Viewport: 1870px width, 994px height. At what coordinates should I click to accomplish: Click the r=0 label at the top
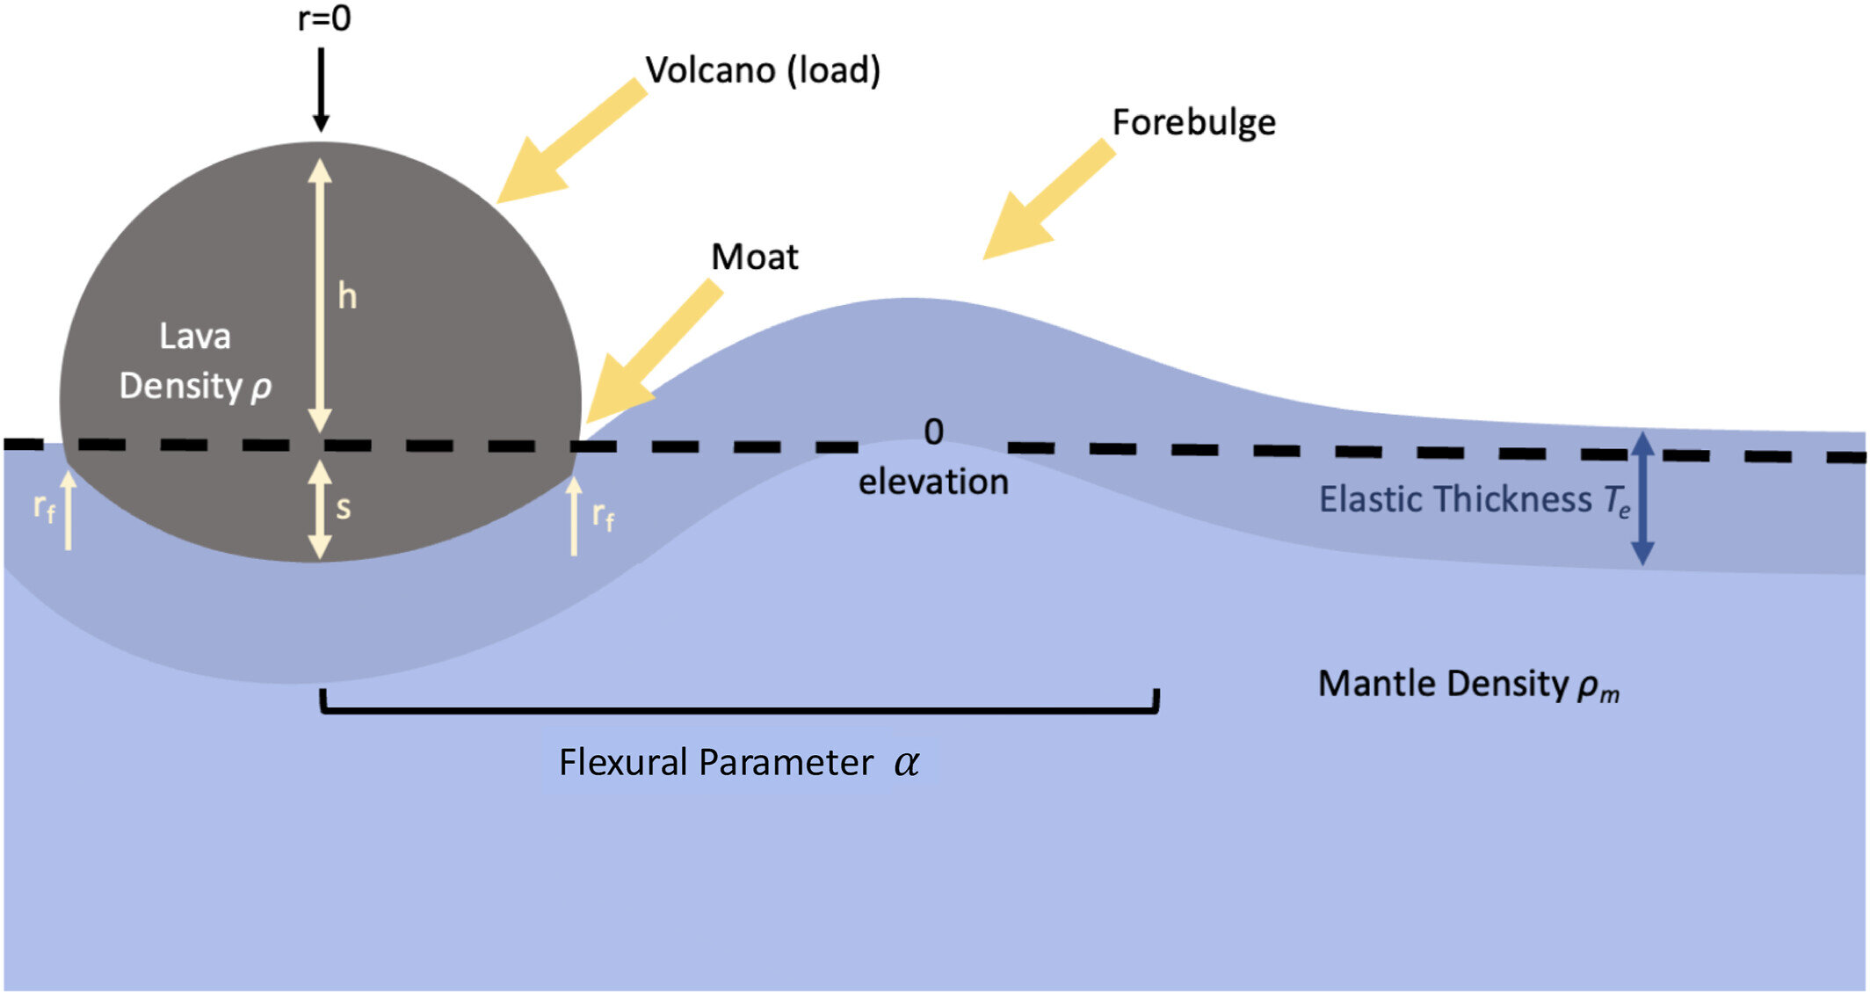tap(324, 19)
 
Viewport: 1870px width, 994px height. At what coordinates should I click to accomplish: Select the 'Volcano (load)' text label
tap(763, 70)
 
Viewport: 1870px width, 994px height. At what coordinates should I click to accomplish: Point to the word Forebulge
tap(1193, 122)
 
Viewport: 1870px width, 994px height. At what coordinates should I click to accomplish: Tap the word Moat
tap(754, 258)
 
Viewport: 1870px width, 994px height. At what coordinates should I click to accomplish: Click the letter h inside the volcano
tap(348, 297)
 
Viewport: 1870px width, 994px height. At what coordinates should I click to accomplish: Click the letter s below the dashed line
tap(344, 507)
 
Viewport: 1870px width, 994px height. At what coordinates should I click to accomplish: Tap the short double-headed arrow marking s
tap(321, 510)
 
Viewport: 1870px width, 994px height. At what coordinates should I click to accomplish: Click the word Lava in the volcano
tap(195, 337)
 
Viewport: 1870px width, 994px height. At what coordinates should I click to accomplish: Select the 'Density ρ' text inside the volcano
tap(195, 387)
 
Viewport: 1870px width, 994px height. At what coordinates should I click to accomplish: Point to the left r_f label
tap(44, 506)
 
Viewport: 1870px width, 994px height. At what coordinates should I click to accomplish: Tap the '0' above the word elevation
tap(933, 432)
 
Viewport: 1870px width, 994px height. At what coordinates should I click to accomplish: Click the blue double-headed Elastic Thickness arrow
tap(1642, 498)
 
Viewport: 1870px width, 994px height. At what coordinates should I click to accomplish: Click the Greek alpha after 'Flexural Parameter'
tap(906, 763)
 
